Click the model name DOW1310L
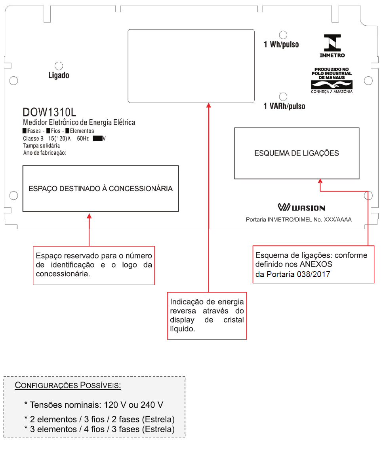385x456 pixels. click(x=49, y=112)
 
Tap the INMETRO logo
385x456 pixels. click(x=332, y=46)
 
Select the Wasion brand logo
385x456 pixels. click(x=301, y=207)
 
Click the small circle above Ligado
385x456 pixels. click(x=59, y=66)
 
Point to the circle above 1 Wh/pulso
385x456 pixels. click(x=283, y=35)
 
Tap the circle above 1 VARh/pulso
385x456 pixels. click(x=283, y=97)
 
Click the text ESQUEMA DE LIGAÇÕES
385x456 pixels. click(x=297, y=153)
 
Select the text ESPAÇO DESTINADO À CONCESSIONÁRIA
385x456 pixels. click(x=100, y=188)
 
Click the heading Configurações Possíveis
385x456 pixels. click(x=68, y=385)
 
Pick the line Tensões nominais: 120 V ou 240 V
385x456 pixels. click(x=94, y=405)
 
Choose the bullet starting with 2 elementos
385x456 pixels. click(x=99, y=419)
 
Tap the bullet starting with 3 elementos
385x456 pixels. click(x=99, y=429)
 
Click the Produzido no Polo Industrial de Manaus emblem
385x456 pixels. click(x=332, y=80)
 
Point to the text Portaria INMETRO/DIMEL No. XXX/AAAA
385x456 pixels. click(x=299, y=220)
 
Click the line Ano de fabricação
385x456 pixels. click(x=44, y=153)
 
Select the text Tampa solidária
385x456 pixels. click(x=41, y=145)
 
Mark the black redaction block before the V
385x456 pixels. click(x=97, y=139)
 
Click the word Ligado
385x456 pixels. click(x=59, y=75)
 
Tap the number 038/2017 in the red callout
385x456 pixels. click(x=313, y=274)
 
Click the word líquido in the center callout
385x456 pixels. click(x=183, y=329)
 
